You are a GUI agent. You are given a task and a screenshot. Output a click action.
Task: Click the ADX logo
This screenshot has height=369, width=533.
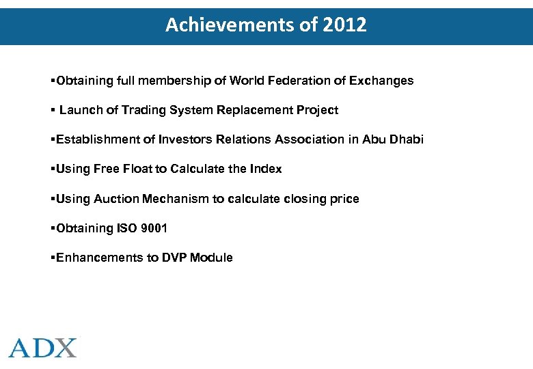pos(43,347)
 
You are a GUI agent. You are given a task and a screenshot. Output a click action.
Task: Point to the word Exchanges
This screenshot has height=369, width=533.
pos(381,81)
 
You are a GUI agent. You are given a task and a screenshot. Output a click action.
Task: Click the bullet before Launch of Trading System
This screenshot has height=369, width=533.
pos(53,110)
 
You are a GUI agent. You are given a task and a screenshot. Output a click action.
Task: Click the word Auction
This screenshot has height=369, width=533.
pos(117,199)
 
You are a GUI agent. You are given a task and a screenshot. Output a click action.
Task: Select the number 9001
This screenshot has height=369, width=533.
pos(153,228)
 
